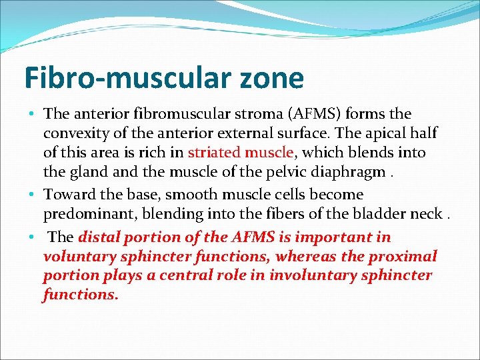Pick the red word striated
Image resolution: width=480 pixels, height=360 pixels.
click(212, 153)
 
